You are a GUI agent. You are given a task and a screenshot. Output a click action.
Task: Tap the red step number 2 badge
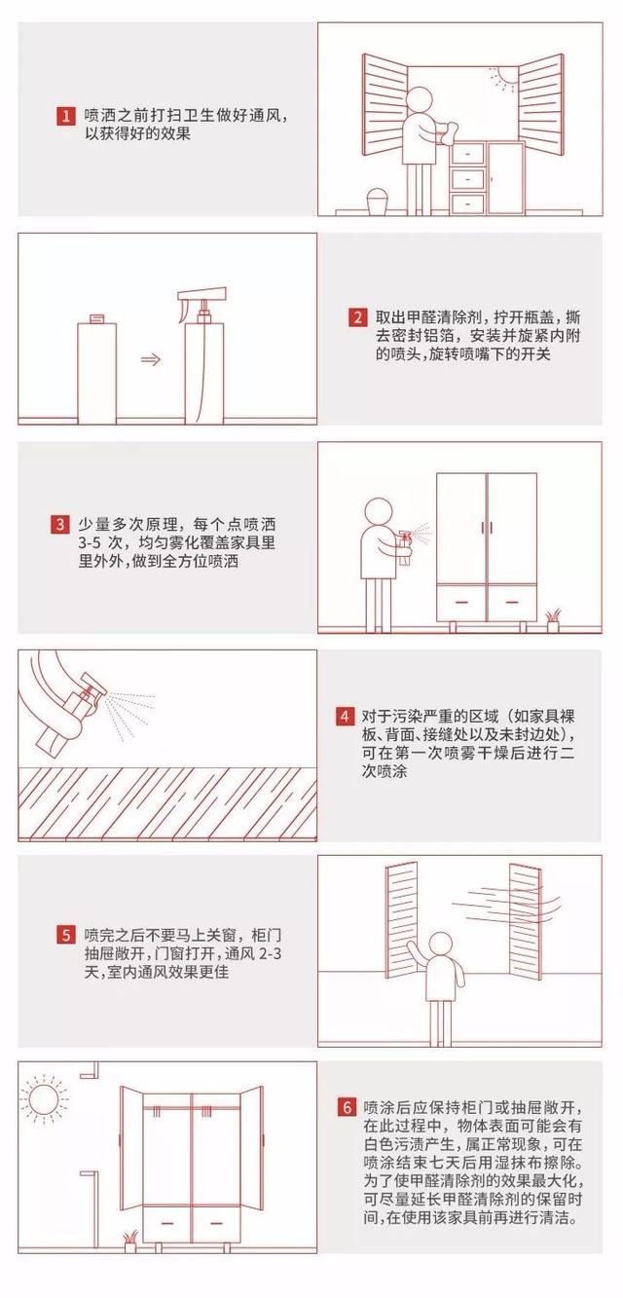point(358,317)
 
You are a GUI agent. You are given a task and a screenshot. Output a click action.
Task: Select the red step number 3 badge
point(60,525)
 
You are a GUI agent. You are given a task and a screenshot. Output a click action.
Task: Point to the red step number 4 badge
point(345,717)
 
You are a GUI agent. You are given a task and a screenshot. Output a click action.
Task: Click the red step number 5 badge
point(65,936)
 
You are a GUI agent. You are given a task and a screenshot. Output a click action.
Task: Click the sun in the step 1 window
point(506,77)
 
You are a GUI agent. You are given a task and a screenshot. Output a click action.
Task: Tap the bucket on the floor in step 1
point(376,202)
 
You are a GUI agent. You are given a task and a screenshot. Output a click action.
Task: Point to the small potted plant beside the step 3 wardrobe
point(553,619)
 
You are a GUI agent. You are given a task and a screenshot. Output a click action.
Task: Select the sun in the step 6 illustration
point(43,1101)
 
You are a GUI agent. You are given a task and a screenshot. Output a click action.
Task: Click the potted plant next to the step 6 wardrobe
point(130,1241)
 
